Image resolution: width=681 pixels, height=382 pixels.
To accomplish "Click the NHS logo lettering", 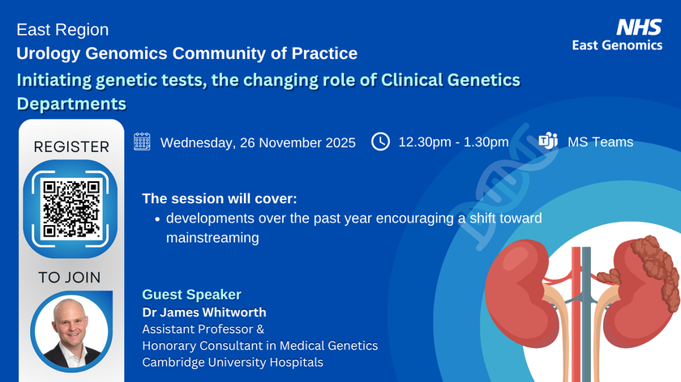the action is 639,27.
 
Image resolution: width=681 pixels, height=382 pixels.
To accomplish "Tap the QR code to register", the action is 71,209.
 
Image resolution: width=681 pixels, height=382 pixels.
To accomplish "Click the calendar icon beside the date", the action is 142,142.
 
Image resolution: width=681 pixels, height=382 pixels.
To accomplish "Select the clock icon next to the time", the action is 380,142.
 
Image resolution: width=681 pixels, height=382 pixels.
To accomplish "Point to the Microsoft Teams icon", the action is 548,141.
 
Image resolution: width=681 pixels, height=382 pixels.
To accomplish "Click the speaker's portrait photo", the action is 71,332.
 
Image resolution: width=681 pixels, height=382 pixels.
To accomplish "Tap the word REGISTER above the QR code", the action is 71,147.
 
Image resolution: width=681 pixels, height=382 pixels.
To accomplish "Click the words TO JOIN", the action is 70,278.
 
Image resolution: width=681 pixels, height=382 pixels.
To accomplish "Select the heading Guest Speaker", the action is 191,295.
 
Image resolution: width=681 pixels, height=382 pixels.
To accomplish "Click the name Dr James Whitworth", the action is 204,312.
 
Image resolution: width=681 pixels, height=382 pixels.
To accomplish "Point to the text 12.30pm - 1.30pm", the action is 453,142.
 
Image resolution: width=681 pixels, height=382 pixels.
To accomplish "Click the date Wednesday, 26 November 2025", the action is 258,142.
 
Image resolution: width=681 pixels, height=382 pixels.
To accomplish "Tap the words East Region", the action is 62,29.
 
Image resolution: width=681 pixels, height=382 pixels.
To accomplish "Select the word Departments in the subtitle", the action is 71,104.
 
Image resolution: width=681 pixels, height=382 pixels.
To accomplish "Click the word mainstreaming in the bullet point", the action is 212,238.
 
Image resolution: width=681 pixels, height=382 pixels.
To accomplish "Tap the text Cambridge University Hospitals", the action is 233,362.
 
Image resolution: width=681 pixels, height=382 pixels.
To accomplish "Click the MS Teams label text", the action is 600,142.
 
